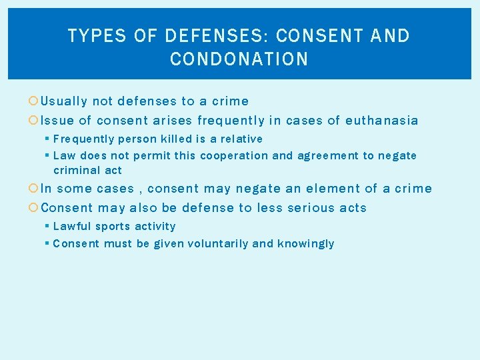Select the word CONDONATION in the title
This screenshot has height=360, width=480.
(x=239, y=59)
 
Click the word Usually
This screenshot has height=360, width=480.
(x=64, y=101)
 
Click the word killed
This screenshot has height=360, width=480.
(x=176, y=139)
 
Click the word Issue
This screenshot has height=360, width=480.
(x=57, y=121)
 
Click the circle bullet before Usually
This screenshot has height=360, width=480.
(x=35, y=102)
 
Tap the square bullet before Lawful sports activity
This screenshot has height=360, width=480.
(x=47, y=227)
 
